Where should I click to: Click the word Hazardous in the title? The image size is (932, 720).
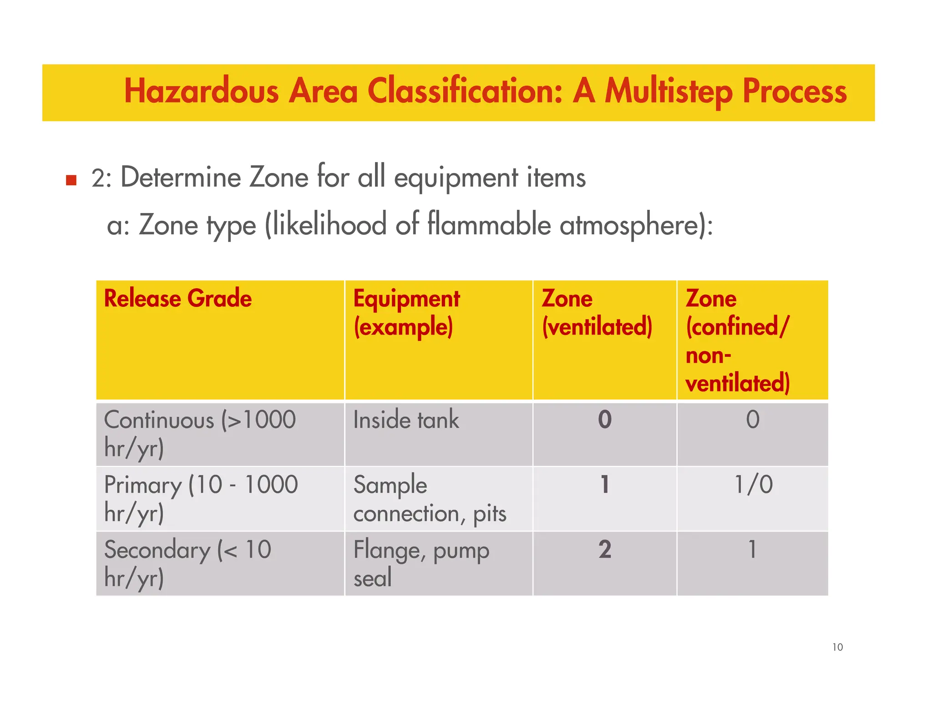pyautogui.click(x=201, y=91)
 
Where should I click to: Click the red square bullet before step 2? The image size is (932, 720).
pyautogui.click(x=71, y=180)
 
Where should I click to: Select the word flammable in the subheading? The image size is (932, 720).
pyautogui.click(x=489, y=225)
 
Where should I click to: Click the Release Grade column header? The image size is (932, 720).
pyautogui.click(x=177, y=299)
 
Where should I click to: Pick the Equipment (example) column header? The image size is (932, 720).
pyautogui.click(x=406, y=313)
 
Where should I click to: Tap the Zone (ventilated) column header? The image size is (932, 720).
pyautogui.click(x=597, y=313)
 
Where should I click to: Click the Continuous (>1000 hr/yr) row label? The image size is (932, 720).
pyautogui.click(x=199, y=434)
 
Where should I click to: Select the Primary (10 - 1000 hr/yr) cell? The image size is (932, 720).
pyautogui.click(x=200, y=498)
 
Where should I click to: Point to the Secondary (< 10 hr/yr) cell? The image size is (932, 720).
pyautogui.click(x=187, y=563)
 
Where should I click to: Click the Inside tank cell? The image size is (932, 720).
pyautogui.click(x=406, y=420)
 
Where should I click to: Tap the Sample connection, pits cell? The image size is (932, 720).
pyautogui.click(x=429, y=499)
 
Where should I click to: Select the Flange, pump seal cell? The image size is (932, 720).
pyautogui.click(x=421, y=563)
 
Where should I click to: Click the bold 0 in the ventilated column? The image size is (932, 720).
pyautogui.click(x=604, y=420)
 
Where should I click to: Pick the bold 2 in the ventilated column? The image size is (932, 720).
pyautogui.click(x=604, y=549)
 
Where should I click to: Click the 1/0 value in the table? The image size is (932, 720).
pyautogui.click(x=753, y=484)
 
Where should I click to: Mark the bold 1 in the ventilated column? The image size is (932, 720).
pyautogui.click(x=604, y=484)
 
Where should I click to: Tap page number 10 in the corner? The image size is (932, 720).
pyautogui.click(x=837, y=647)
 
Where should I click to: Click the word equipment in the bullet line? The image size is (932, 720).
pyautogui.click(x=456, y=178)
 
